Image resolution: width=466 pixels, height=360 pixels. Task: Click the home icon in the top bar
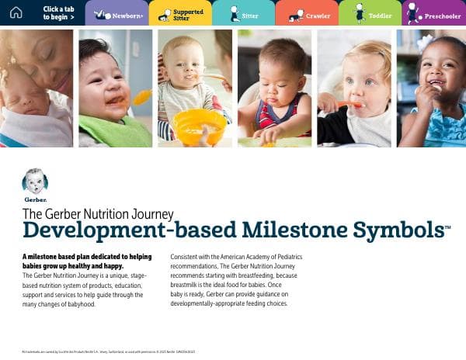click(x=16, y=12)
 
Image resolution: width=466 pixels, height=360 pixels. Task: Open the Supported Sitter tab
click(x=179, y=13)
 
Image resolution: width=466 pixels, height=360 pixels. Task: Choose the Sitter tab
click(x=242, y=13)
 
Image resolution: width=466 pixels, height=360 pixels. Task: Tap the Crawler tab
click(x=306, y=13)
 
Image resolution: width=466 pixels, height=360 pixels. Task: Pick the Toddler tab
click(x=370, y=13)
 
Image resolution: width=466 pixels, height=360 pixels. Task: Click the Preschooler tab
click(x=433, y=13)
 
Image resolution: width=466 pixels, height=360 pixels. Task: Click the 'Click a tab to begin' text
click(x=59, y=13)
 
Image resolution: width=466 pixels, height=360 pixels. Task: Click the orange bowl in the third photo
click(x=199, y=126)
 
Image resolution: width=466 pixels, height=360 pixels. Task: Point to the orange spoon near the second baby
click(x=141, y=97)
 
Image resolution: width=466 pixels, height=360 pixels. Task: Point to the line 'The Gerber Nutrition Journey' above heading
click(x=98, y=213)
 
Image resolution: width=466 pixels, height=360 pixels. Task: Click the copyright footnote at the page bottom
click(x=109, y=351)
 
